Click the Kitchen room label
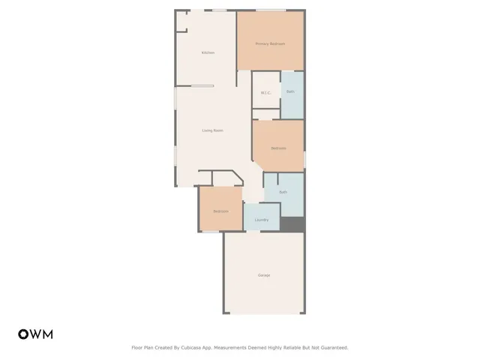[208, 52]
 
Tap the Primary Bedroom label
[270, 43]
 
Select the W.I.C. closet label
[265, 92]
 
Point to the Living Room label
[212, 130]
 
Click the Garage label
[264, 275]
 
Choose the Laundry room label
[262, 220]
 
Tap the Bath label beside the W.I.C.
[290, 91]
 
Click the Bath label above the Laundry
[283, 192]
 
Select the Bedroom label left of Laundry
[220, 211]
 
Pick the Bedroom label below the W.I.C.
[278, 148]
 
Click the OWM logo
[35, 334]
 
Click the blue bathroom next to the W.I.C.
[292, 105]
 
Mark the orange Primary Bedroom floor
[270, 56]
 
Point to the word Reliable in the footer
[290, 347]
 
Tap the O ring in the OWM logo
[22, 334]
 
